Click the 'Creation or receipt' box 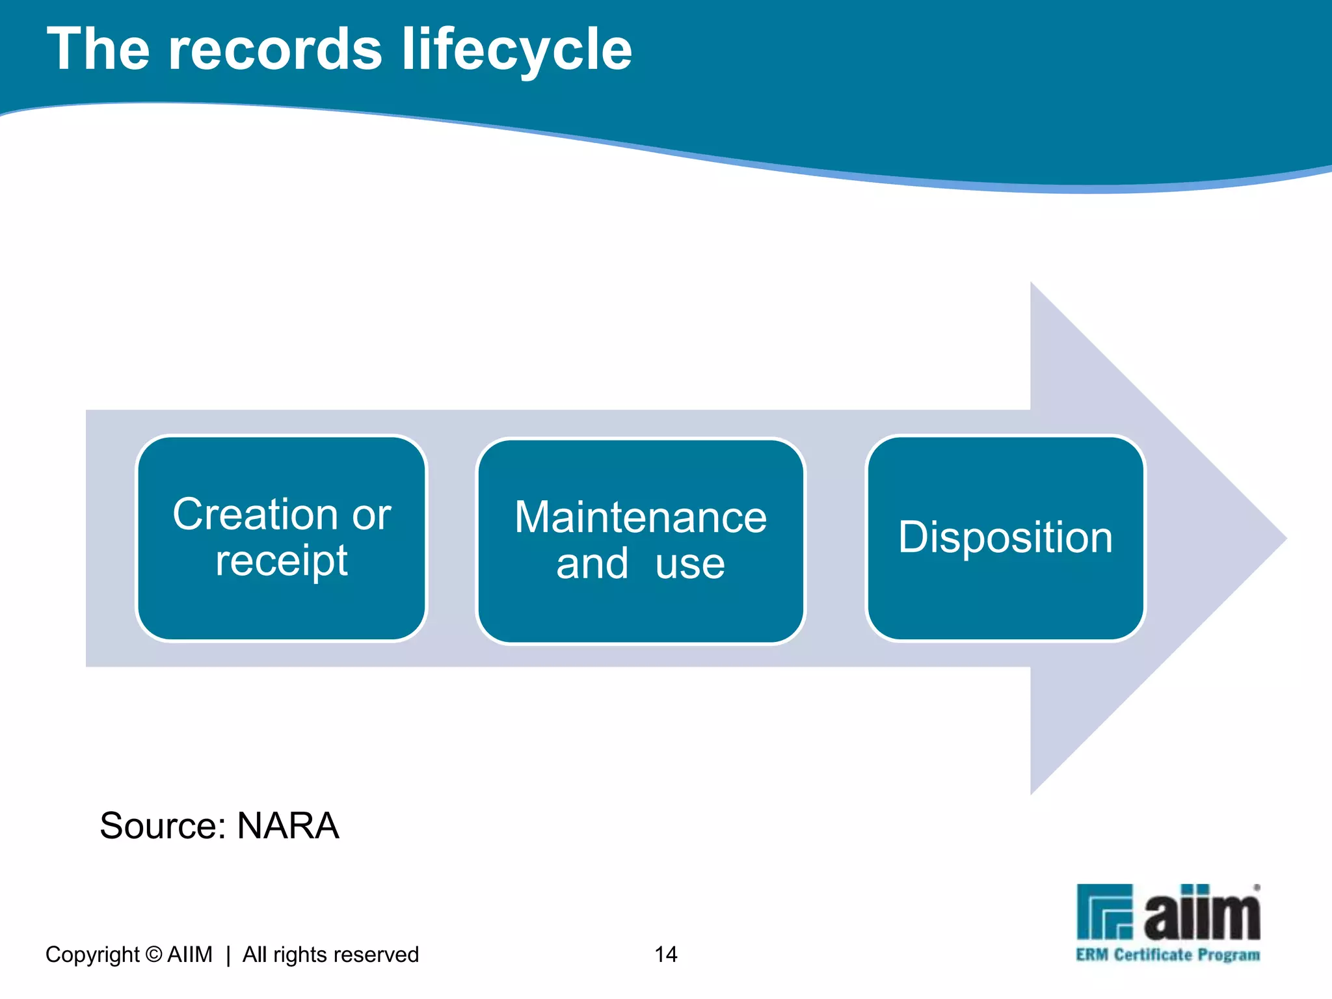[282, 538]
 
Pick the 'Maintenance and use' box [641, 540]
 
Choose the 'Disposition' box [1006, 538]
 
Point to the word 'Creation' [255, 514]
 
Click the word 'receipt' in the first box [282, 561]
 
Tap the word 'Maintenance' [641, 518]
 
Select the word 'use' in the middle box [690, 564]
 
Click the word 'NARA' [288, 826]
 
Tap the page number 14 [666, 954]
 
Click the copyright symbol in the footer [154, 954]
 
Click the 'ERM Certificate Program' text [1168, 955]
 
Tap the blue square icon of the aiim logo [1104, 912]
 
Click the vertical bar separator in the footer [228, 955]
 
